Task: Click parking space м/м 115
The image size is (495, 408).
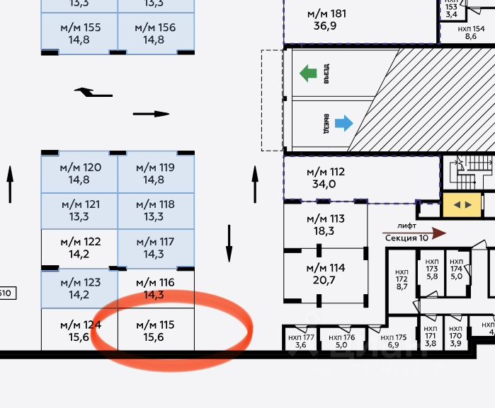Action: tap(155, 330)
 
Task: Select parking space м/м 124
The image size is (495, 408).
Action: tap(79, 330)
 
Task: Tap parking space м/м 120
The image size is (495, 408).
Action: tap(79, 173)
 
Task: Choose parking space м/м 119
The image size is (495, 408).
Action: tap(155, 173)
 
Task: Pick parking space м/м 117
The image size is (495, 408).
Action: tap(155, 247)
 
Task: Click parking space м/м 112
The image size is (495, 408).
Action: tap(326, 177)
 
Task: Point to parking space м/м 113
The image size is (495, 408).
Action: tap(326, 224)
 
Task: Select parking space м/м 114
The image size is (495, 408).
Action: tap(326, 274)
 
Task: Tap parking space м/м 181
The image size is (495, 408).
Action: tap(326, 19)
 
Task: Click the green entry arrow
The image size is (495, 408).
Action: tap(307, 72)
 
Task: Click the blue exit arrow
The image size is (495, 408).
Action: tap(343, 124)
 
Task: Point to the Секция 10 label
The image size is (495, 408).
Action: tap(406, 238)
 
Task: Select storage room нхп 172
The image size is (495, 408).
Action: tap(402, 279)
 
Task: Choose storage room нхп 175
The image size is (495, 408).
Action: tap(397, 340)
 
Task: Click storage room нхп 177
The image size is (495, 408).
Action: tap(300, 340)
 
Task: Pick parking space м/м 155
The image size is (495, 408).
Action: tap(79, 33)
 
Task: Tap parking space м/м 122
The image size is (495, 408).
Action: tap(79, 247)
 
